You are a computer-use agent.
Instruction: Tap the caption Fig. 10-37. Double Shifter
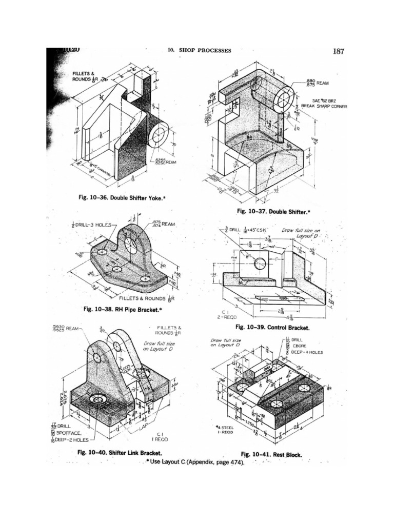[273, 211]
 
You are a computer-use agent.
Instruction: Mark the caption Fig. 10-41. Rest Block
[271, 454]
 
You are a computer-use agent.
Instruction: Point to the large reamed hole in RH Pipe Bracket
[131, 245]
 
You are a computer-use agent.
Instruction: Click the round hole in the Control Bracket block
[260, 264]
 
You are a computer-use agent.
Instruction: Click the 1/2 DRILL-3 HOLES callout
[91, 225]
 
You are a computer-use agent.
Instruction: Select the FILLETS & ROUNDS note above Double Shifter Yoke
[83, 77]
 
